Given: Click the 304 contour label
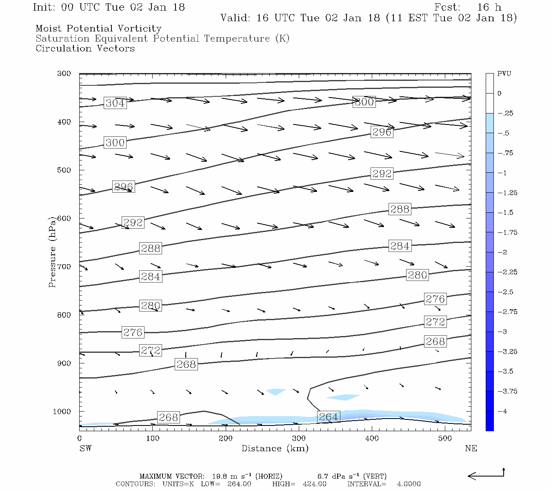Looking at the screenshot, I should click(x=115, y=103).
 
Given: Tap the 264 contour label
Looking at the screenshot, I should click(x=328, y=417).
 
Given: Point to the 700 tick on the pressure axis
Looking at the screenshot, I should click(x=64, y=267).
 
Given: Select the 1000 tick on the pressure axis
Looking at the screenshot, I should click(x=62, y=412).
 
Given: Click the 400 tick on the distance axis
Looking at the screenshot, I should click(x=372, y=439).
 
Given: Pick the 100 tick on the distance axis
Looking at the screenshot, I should click(x=152, y=439).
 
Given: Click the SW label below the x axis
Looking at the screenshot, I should click(x=85, y=448).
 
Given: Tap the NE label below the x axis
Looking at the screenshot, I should click(x=471, y=448).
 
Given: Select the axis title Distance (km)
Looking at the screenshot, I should click(x=275, y=448).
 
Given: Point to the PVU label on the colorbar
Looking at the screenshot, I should click(x=504, y=74).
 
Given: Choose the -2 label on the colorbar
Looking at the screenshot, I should click(x=502, y=252).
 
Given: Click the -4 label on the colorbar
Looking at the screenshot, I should click(x=502, y=411).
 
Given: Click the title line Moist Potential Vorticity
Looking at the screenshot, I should click(x=98, y=29).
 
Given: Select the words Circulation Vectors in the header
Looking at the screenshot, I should click(x=85, y=49).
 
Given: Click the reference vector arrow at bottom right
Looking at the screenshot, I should click(x=486, y=475).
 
